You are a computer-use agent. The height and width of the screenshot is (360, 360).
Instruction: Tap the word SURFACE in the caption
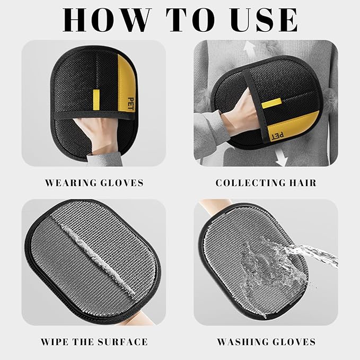pyautogui.click(x=123, y=342)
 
